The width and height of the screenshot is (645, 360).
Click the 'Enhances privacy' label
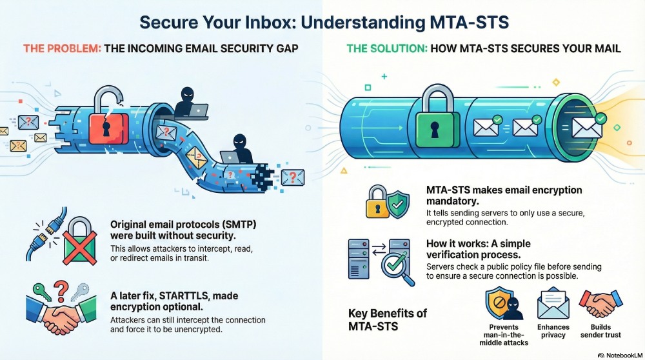553,332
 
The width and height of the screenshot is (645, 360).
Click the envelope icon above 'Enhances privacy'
552,303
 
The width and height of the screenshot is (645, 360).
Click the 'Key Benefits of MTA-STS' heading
388,319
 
